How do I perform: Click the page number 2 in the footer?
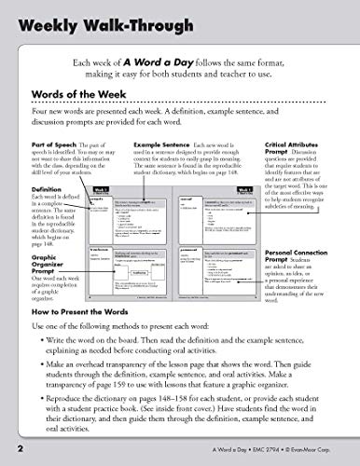point(7,454)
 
